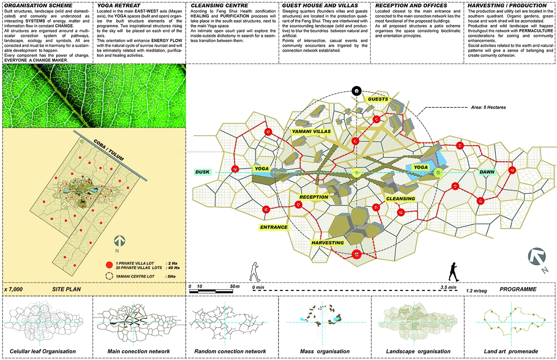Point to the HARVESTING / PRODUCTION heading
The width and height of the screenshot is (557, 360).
507,5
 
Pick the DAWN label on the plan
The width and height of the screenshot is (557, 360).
487,172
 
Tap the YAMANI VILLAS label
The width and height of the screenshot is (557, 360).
311,131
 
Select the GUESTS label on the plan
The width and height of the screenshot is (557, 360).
378,99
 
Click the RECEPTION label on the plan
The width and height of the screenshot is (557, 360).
313,197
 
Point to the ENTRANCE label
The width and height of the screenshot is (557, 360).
274,227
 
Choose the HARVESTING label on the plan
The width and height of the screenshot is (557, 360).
328,242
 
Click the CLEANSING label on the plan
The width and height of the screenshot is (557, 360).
400,199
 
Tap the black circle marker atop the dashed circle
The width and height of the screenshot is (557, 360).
356,91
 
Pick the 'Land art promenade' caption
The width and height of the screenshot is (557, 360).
511,351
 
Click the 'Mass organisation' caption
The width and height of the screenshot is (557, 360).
325,351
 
